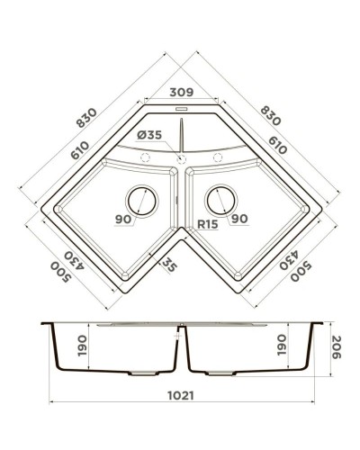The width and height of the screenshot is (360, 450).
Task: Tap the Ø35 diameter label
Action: point(150,136)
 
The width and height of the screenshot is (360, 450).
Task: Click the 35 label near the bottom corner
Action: point(166,264)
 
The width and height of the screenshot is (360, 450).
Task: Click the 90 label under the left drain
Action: point(123,219)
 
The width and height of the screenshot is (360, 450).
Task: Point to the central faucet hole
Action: point(181,158)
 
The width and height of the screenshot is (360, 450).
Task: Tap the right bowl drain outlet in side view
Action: point(220,371)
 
